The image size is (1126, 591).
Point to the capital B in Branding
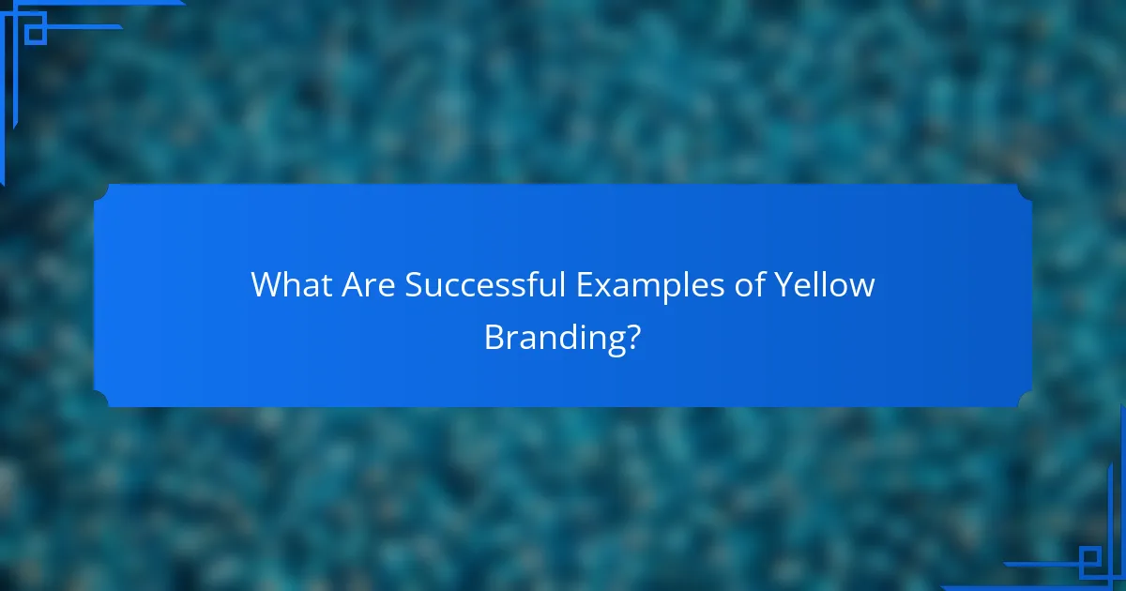tap(494, 336)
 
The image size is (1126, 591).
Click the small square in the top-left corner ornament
tap(36, 34)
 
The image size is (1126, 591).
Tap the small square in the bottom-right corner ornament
tap(1089, 561)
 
